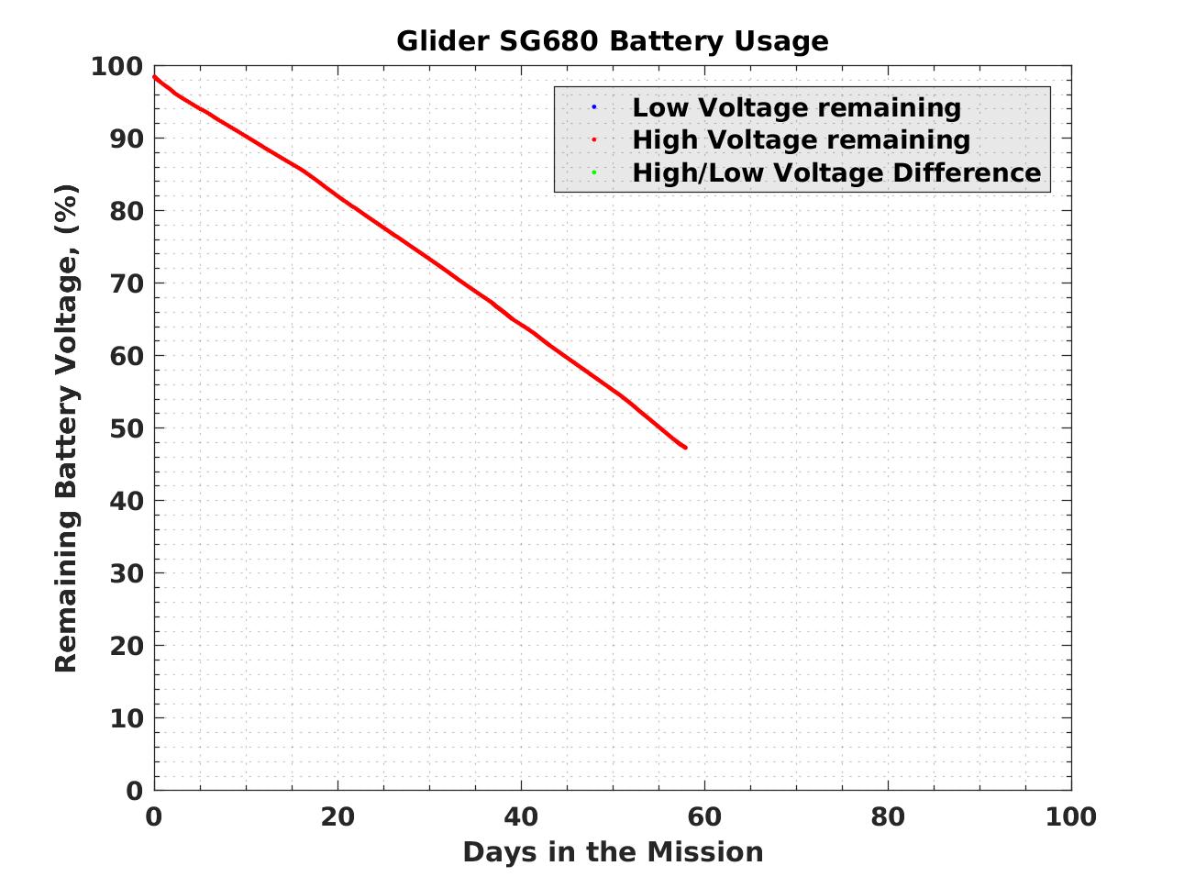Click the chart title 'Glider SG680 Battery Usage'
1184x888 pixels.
pos(612,41)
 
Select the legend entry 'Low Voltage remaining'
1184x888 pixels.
pos(796,107)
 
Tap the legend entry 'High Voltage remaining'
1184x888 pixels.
pos(801,139)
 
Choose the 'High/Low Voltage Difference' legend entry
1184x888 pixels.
pos(836,172)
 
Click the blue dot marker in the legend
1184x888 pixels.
pos(593,107)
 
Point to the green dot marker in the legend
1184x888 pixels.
pos(593,172)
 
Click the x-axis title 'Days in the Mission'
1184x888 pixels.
pos(613,852)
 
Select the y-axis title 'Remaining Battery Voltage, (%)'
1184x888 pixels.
pos(66,428)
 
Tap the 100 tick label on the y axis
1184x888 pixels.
pos(116,67)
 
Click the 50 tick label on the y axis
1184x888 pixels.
pos(127,428)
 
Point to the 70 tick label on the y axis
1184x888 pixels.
pos(127,283)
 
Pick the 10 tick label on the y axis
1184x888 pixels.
pos(127,718)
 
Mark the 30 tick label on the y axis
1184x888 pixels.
pos(127,573)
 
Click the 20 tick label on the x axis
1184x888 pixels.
pos(337,816)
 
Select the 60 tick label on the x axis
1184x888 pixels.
pos(704,816)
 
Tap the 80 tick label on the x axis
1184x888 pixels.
pos(888,816)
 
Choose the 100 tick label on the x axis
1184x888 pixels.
pos(1070,816)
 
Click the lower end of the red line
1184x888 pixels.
pos(685,447)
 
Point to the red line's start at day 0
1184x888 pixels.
pos(155,77)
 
